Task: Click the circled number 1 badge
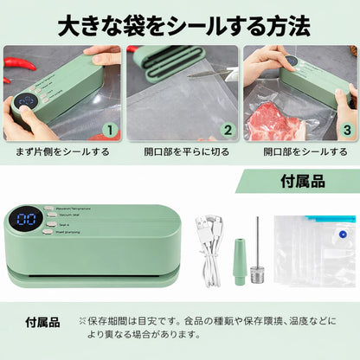click(109, 131)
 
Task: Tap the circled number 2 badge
click(228, 131)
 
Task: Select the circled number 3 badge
click(346, 131)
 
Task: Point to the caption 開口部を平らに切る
click(180, 152)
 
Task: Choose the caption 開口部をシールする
click(299, 152)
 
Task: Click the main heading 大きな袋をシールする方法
click(180, 24)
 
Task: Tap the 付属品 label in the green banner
click(305, 183)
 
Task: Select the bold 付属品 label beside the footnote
click(42, 322)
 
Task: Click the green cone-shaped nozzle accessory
click(239, 260)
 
